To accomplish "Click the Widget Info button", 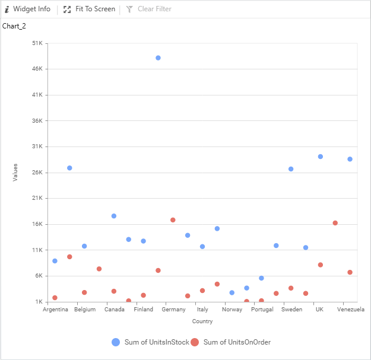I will coord(28,9).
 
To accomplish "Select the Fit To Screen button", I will coord(90,9).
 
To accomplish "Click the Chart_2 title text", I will coord(14,26).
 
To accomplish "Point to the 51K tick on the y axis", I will coord(37,43).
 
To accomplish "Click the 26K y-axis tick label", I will coord(37,173).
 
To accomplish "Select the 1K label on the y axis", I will coord(39,302).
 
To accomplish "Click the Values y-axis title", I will coord(16,173).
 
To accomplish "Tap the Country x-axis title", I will coord(202,321).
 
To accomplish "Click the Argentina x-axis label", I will coord(55,310).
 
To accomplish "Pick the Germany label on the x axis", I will coord(173,310).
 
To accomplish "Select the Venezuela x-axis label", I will coord(350,310).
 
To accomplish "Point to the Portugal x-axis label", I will coord(262,310).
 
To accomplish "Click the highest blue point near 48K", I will coord(158,58).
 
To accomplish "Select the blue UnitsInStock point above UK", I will coord(321,157).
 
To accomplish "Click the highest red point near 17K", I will coord(173,220).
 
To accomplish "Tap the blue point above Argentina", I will coord(55,261).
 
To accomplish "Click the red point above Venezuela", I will coord(350,272).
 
